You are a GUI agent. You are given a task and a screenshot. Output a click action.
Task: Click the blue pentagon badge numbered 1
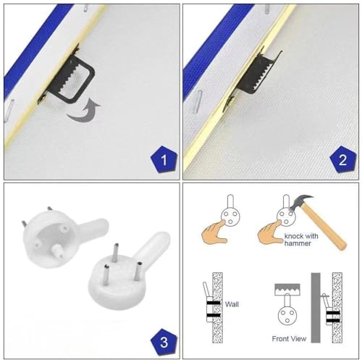click(x=164, y=159)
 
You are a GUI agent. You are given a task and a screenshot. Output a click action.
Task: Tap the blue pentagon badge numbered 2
click(x=343, y=159)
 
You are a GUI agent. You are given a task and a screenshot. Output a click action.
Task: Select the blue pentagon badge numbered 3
click(x=164, y=342)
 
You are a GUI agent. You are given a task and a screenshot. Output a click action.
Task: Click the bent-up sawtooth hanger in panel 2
click(x=256, y=75)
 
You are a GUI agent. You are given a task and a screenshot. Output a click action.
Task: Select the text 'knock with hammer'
click(x=301, y=240)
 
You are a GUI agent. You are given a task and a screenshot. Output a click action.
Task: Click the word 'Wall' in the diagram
click(x=232, y=304)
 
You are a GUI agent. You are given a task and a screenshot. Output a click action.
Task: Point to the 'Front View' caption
click(x=289, y=339)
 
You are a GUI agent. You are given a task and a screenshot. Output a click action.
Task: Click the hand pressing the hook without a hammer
click(x=214, y=231)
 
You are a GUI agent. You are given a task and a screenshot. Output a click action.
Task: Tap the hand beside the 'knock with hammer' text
click(x=270, y=231)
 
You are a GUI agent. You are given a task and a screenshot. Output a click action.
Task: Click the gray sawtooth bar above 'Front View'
click(x=287, y=289)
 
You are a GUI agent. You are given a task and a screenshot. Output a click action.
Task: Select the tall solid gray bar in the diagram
click(x=316, y=308)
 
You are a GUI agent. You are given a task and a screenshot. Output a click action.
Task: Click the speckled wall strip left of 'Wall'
click(x=217, y=308)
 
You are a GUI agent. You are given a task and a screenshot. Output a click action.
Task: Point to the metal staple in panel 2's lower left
click(x=197, y=102)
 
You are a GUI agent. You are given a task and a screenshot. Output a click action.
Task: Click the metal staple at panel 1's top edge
click(x=85, y=7)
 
